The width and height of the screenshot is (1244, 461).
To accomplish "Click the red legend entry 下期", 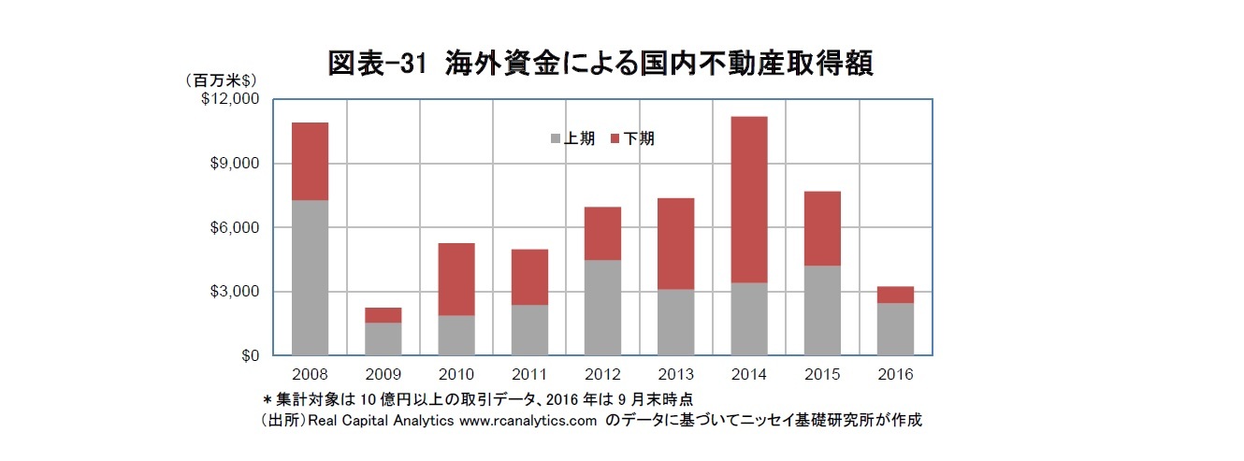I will (631, 138).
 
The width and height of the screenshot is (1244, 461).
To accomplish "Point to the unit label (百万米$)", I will (222, 79).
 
